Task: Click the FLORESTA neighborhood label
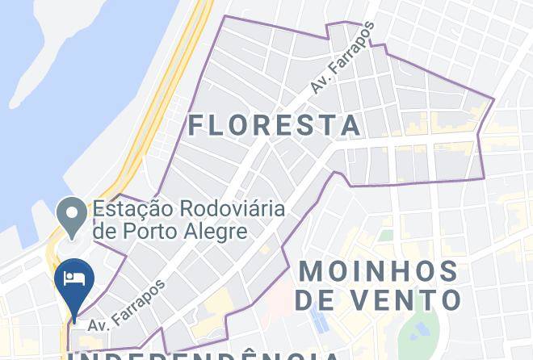click(x=275, y=125)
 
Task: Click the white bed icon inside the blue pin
click(x=73, y=278)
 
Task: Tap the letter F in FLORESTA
click(x=197, y=125)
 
